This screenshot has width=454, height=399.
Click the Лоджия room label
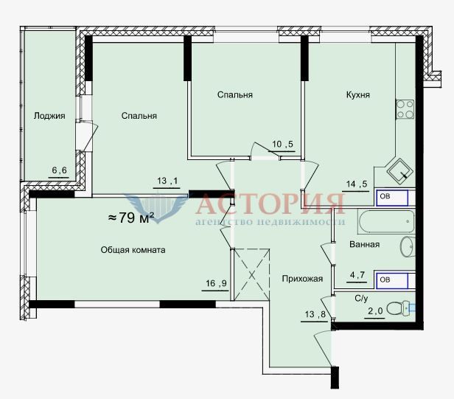pos(49,116)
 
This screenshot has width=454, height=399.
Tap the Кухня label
pos(358,94)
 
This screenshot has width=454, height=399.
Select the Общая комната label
pos(133,250)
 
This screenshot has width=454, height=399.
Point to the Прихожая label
pos(302,279)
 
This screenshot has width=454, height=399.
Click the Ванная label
pos(365,244)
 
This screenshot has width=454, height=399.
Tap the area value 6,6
pos(60,170)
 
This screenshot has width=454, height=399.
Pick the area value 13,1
pos(167,181)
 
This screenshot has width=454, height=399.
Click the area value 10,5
pos(282,144)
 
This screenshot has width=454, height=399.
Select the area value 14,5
pos(357,184)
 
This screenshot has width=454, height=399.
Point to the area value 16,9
pos(216,283)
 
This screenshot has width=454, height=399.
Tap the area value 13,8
pos(315,314)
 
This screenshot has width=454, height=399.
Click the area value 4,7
pos(357,274)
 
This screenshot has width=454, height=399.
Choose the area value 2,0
pos(375,311)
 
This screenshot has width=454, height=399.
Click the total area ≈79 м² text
pos(131,218)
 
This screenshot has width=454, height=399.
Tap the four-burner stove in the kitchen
pos(405,110)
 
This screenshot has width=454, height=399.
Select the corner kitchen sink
pos(399,170)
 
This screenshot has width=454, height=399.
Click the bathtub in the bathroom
pos(386,222)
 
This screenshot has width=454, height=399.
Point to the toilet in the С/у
pos(398,309)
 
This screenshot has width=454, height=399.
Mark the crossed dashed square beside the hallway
pos(252,274)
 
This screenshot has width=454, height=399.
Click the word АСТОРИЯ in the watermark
pos(270,204)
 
